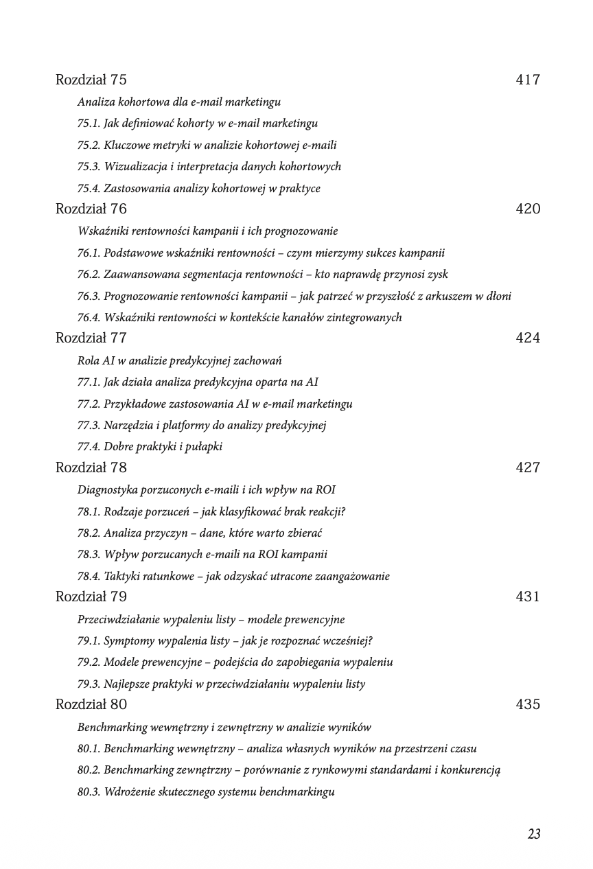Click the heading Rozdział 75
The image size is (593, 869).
(x=91, y=80)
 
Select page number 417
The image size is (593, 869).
(x=528, y=80)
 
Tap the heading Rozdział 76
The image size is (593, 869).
(x=91, y=209)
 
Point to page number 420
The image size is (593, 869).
(x=528, y=209)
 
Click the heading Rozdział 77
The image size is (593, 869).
(x=91, y=338)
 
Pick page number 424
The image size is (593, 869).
(x=528, y=338)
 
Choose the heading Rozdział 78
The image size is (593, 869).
(x=91, y=467)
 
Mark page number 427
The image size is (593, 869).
(x=528, y=467)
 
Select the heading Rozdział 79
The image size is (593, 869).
(x=91, y=596)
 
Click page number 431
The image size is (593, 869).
(x=528, y=596)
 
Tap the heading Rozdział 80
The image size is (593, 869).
(x=91, y=704)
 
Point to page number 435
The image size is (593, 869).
(x=528, y=704)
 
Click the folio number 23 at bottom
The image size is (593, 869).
(x=534, y=834)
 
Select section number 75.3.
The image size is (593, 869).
(x=89, y=167)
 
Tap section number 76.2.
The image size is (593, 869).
(x=89, y=275)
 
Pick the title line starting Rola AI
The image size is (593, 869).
(x=179, y=361)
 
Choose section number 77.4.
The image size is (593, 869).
(x=89, y=447)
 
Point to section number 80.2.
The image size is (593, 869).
(x=89, y=770)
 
